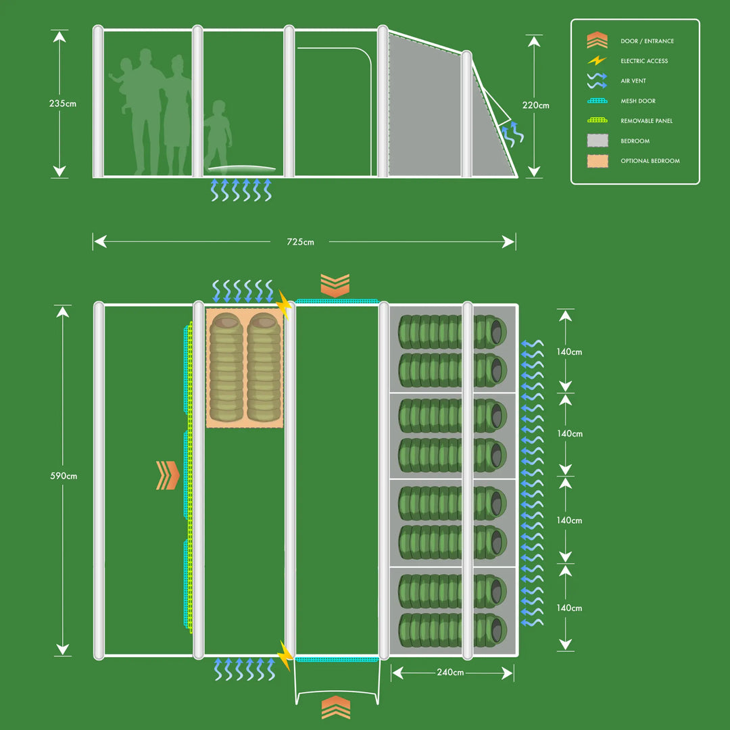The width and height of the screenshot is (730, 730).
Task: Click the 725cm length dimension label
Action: pos(300,242)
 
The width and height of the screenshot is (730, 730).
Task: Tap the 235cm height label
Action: pos(62,103)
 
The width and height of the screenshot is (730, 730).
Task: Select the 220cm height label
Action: pos(536,105)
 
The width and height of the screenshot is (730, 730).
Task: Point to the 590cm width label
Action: pos(64,476)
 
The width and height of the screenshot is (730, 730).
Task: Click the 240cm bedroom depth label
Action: pos(450,673)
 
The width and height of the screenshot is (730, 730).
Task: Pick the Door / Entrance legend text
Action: pos(647,41)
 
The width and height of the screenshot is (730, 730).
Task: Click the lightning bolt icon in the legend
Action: pos(597,61)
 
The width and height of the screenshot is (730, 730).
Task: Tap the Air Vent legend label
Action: pos(633,81)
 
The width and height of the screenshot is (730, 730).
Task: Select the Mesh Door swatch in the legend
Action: pos(597,101)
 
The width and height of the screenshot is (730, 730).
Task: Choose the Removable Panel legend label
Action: pos(646,121)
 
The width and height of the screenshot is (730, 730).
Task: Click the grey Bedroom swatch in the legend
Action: pos(597,141)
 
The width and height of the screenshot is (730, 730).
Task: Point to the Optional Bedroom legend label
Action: pos(650,161)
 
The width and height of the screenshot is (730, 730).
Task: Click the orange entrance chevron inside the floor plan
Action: pos(168,475)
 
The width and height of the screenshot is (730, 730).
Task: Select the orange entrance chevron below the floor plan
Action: pos(335,707)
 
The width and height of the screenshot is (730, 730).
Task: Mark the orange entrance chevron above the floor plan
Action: pos(335,285)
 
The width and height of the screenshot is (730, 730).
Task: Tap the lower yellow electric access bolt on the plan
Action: pos(285,655)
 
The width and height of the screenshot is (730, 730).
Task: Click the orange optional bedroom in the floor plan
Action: pos(244,368)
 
